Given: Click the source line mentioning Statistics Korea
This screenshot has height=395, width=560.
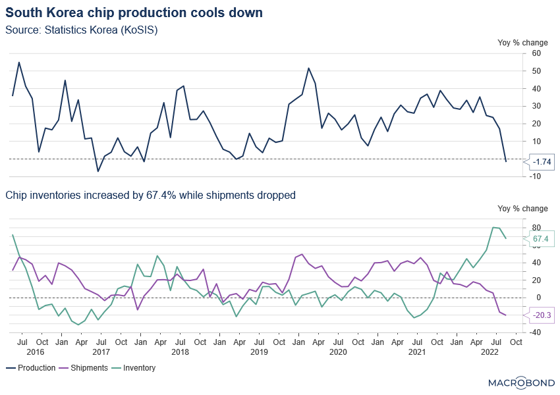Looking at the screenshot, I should point(82,30).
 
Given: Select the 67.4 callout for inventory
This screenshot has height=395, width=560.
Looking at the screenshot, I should point(541,238).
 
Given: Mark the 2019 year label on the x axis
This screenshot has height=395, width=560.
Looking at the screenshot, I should point(259,353).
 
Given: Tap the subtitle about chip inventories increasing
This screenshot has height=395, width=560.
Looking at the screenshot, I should point(150,195).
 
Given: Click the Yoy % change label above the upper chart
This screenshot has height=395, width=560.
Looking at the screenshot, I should point(522,42).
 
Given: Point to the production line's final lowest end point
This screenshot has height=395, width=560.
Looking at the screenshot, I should point(506,161).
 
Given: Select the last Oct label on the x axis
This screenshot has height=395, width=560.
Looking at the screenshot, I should point(516,342).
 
